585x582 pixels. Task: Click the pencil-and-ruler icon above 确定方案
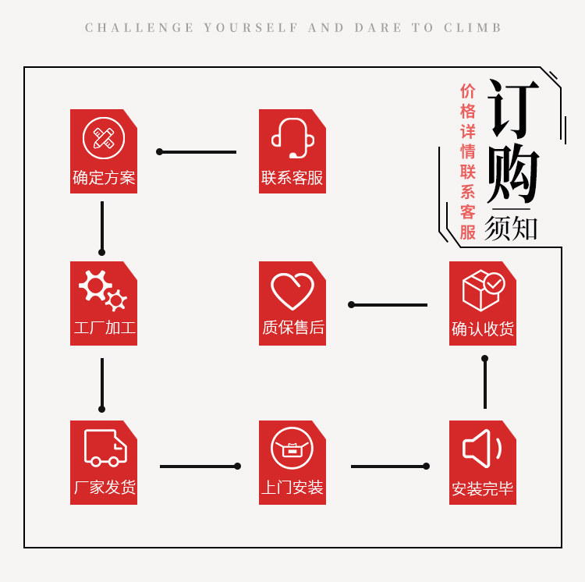[x=104, y=138]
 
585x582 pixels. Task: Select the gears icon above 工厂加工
[x=103, y=289]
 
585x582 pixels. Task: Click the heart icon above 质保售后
[x=292, y=290]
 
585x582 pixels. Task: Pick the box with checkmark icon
[x=483, y=290]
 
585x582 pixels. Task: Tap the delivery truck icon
[x=105, y=448]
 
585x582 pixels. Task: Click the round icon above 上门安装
[x=292, y=449]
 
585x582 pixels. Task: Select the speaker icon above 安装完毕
[x=482, y=449]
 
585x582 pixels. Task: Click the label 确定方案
[x=104, y=178]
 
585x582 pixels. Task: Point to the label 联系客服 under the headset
[x=292, y=178]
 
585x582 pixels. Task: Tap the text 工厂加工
[x=104, y=328]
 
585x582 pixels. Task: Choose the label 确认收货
[x=483, y=329]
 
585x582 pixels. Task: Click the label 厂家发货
[x=104, y=488]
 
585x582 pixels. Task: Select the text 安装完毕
[x=483, y=489]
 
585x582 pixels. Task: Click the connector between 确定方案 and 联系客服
[x=197, y=152]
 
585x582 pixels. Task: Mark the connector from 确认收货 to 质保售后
[x=388, y=305]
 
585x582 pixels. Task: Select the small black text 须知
[x=512, y=228]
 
